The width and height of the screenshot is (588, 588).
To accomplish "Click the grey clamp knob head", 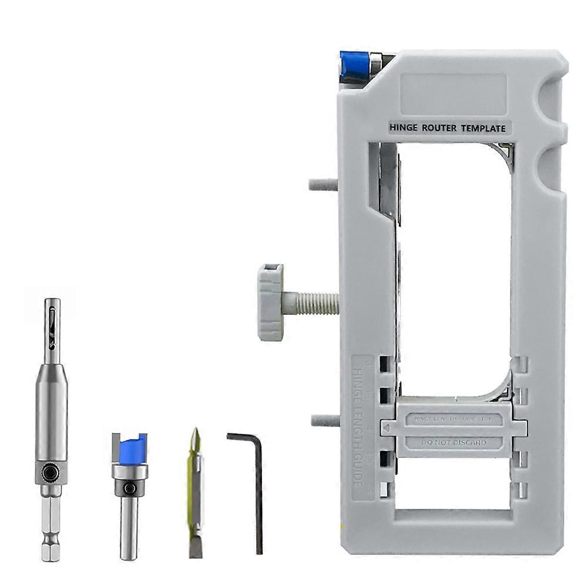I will click(x=270, y=303).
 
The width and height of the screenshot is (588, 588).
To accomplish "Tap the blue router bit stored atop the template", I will click(x=354, y=66).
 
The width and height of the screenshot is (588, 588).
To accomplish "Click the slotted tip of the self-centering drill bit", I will click(x=51, y=323).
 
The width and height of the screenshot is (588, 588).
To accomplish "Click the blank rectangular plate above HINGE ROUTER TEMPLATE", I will click(x=453, y=94).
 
